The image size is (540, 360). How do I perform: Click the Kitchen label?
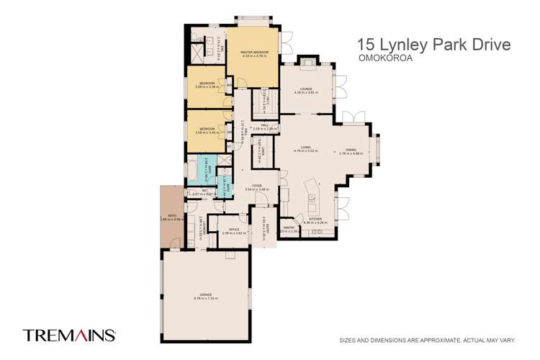click(x=316, y=220)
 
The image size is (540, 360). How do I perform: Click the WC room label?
click(x=194, y=192)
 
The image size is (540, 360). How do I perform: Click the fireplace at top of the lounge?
click(x=305, y=63)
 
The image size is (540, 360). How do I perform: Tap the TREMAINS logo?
click(x=70, y=335)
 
